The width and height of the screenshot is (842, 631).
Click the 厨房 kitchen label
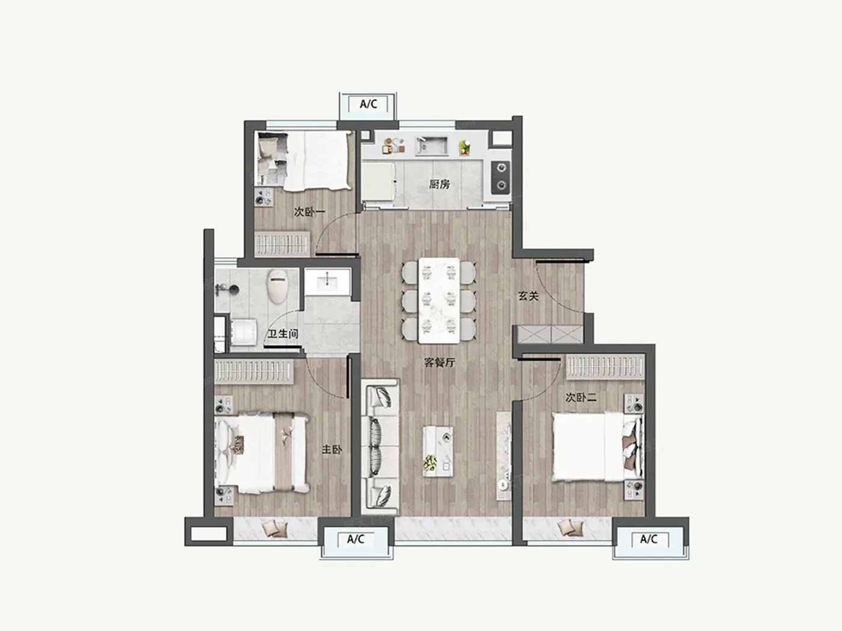(x=439, y=184)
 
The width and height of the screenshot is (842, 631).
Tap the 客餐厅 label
(x=440, y=362)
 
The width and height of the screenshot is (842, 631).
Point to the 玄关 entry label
(x=528, y=296)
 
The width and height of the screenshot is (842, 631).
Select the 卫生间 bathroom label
(x=283, y=334)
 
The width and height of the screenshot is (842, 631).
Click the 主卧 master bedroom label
(x=332, y=449)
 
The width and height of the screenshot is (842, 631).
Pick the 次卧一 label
(x=309, y=212)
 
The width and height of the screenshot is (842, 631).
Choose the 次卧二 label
(x=581, y=398)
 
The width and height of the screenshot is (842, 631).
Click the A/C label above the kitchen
(x=368, y=104)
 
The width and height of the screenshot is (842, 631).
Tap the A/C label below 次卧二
(x=649, y=540)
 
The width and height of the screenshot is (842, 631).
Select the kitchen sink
(x=432, y=146)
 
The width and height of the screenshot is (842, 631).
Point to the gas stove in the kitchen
(x=501, y=177)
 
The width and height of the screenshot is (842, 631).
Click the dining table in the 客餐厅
(x=439, y=300)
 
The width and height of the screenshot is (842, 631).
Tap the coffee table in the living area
(x=438, y=451)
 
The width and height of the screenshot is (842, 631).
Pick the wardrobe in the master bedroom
(x=254, y=371)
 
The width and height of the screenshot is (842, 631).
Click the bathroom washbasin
(x=327, y=282)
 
